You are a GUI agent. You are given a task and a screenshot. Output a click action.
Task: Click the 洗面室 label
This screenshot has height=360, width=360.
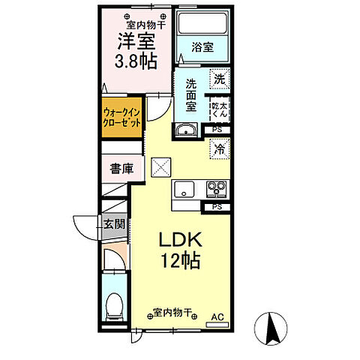(x=190, y=94)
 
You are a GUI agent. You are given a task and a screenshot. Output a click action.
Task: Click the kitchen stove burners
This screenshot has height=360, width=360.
(x=217, y=188)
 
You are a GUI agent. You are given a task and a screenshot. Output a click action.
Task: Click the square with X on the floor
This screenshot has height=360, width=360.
(x=160, y=166)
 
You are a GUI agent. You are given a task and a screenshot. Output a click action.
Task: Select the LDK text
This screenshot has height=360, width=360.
(x=178, y=241)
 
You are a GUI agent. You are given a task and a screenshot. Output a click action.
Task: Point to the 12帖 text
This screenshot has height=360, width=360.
(x=178, y=262)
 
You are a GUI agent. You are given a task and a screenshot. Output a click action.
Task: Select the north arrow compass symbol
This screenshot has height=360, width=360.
(x=273, y=327)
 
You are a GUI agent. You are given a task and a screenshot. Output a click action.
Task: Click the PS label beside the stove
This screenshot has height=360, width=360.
(x=217, y=206)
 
